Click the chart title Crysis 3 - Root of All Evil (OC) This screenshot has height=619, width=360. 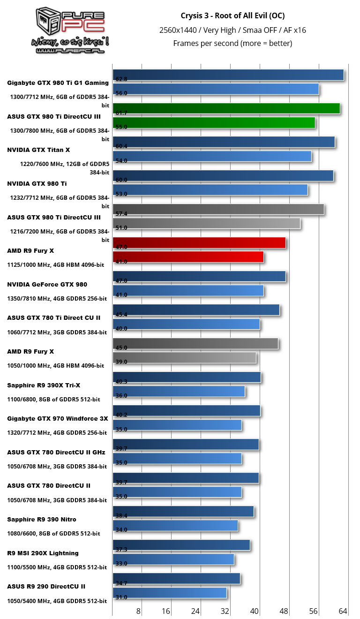(232, 15)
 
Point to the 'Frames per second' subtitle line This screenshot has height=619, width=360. (232, 43)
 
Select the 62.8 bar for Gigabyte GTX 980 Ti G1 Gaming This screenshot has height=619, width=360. (228, 75)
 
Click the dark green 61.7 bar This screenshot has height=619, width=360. (226, 109)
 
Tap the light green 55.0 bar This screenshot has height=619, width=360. (214, 123)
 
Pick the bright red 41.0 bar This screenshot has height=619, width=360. (188, 257)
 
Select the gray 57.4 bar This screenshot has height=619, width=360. (218, 210)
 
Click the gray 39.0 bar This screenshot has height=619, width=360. (185, 358)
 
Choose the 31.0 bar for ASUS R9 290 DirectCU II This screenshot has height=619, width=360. (170, 593)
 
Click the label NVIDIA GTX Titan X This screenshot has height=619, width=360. (38, 150)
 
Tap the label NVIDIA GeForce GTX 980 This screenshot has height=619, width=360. (47, 284)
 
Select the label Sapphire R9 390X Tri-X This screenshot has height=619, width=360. (44, 385)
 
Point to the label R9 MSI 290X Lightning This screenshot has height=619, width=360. (43, 553)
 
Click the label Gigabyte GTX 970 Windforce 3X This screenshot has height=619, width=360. (57, 418)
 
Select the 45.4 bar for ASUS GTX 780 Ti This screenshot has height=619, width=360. (196, 310)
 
